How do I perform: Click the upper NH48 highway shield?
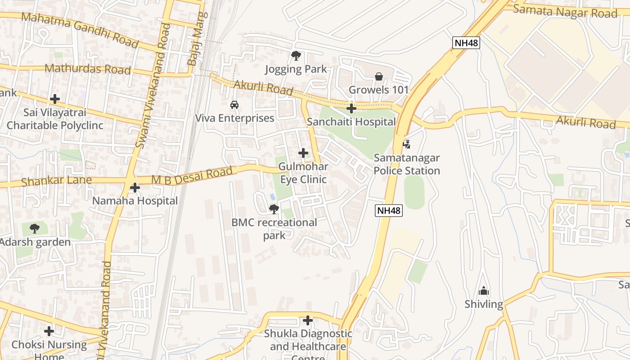click(x=466, y=43)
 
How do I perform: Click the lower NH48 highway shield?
click(x=389, y=211)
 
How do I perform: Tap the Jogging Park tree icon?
click(x=296, y=56)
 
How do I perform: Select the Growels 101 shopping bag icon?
click(x=379, y=76)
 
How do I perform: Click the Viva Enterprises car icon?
click(x=234, y=105)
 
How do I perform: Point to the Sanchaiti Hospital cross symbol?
click(x=351, y=108)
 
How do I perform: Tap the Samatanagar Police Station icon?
click(x=406, y=144)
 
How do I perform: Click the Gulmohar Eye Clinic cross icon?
click(x=303, y=153)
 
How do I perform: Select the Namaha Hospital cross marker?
click(x=135, y=187)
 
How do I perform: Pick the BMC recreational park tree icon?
click(x=274, y=209)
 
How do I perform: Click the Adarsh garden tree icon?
click(x=35, y=229)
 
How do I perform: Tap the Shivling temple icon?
click(x=484, y=291)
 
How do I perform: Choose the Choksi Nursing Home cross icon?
click(x=49, y=331)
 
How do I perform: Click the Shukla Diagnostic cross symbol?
click(x=308, y=320)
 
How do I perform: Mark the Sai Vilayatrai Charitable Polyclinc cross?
click(x=55, y=99)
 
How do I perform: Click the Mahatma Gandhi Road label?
click(x=80, y=30)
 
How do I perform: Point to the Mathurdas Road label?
click(x=88, y=69)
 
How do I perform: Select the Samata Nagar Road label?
click(x=565, y=11)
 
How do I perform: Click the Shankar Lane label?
click(x=57, y=181)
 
